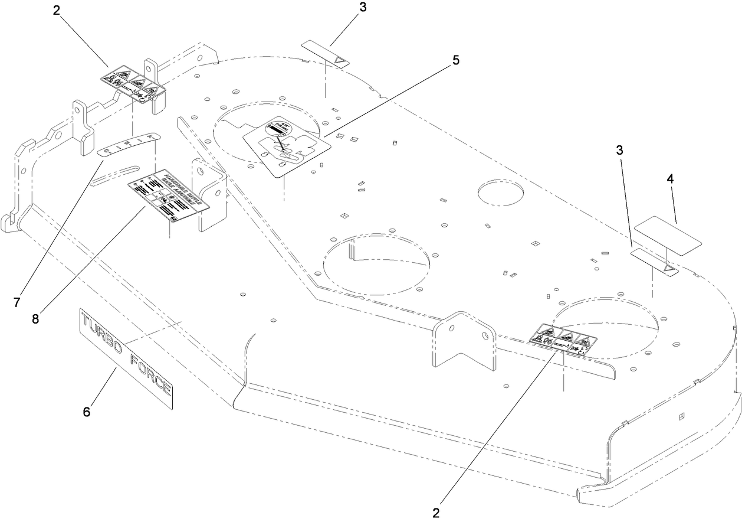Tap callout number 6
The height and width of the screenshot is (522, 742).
click(x=87, y=412)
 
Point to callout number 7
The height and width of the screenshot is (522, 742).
click(x=17, y=302)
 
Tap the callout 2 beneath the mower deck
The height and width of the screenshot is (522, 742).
click(x=436, y=512)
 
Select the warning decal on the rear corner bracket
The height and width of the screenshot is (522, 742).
click(x=133, y=84)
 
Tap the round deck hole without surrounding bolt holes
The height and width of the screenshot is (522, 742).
click(x=501, y=195)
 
